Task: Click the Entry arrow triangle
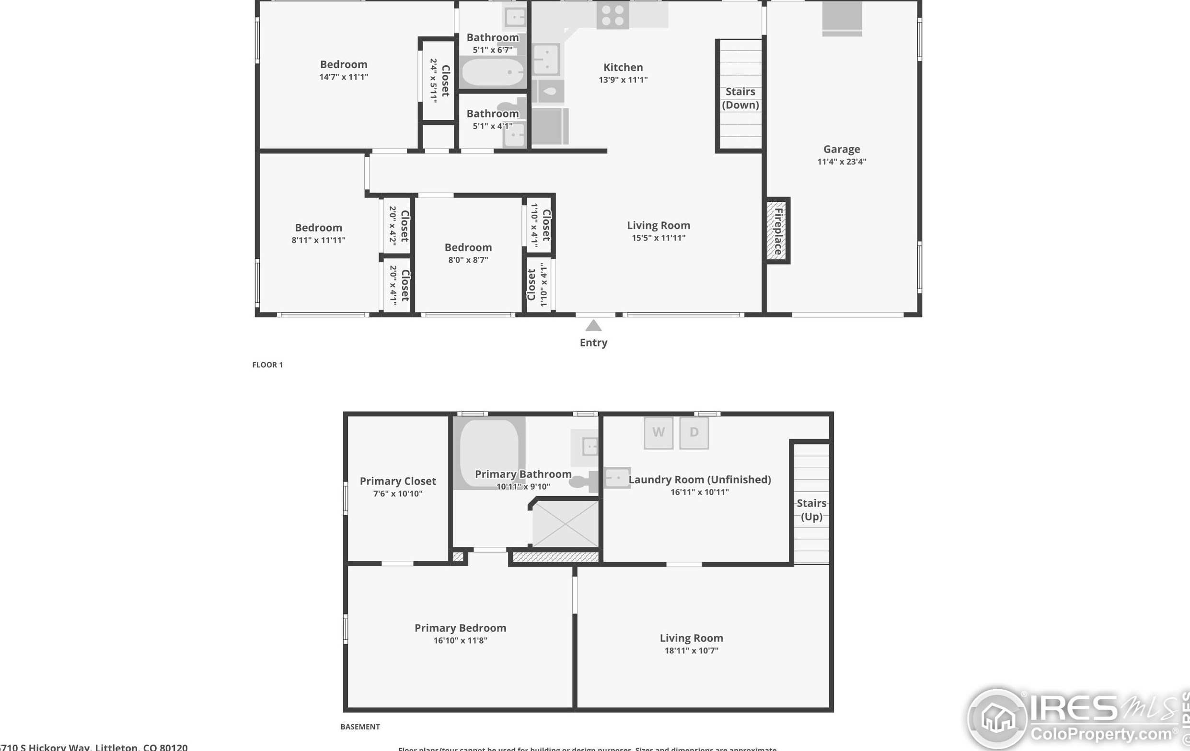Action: [593, 325]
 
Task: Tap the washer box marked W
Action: [658, 433]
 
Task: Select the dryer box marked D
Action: [694, 433]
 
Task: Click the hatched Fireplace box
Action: [777, 231]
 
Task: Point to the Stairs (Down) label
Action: [740, 98]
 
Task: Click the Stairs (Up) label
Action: [811, 510]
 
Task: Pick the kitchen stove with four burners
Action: [612, 15]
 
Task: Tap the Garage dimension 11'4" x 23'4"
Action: [841, 162]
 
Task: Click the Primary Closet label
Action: [397, 481]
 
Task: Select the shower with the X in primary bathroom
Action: [565, 524]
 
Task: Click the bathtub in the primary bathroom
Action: [489, 452]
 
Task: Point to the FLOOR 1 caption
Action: [267, 365]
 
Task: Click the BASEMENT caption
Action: [360, 727]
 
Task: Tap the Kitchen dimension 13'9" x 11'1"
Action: [623, 80]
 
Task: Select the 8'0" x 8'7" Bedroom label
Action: [467, 247]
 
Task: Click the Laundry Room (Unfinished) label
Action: [699, 480]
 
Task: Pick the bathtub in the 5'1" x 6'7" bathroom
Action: [491, 73]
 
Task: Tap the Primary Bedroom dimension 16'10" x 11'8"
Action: [460, 640]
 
